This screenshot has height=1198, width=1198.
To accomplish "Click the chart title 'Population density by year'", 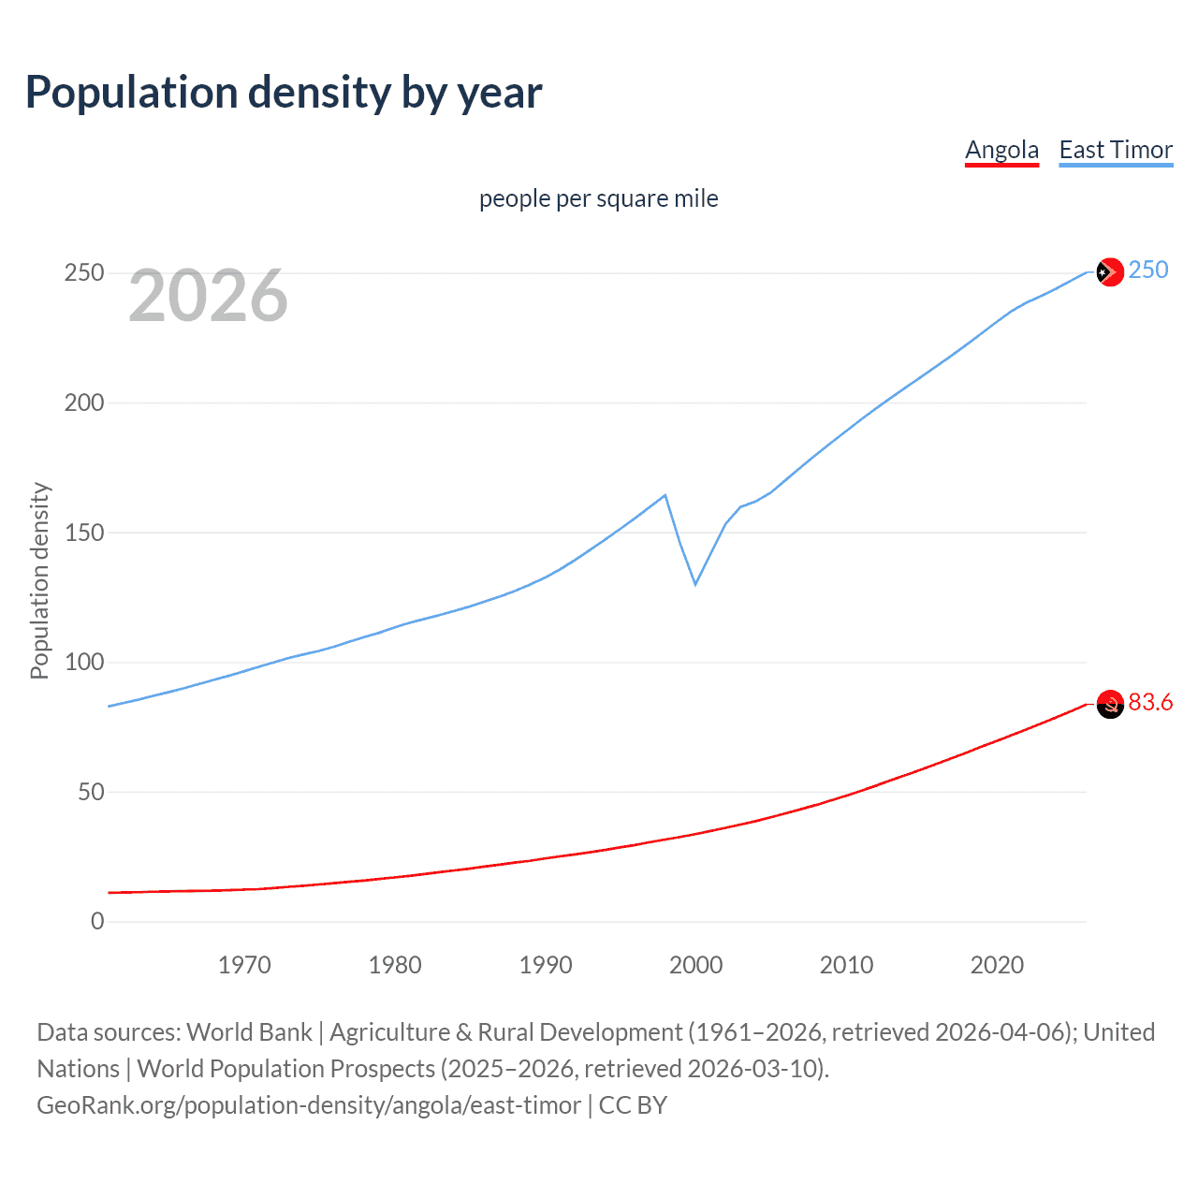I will [x=284, y=93].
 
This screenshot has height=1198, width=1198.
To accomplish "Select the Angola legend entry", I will [x=1001, y=150].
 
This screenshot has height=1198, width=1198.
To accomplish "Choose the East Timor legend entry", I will [x=1116, y=150].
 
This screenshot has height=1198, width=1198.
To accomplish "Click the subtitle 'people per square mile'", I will [x=598, y=198].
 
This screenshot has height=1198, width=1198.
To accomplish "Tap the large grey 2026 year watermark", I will [x=208, y=296].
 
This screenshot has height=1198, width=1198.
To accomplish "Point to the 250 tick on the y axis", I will [x=84, y=273].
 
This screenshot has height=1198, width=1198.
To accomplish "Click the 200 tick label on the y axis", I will [x=84, y=402].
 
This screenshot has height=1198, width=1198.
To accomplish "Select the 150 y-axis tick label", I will [x=84, y=533].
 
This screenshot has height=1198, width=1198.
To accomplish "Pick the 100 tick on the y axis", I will [x=84, y=662].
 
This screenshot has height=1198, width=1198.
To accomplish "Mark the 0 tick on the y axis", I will [x=97, y=921].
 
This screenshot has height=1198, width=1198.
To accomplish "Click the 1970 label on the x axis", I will [x=244, y=965].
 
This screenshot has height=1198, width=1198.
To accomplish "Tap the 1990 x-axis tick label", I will [x=546, y=965].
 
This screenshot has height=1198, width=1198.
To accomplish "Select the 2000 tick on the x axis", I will [x=695, y=965].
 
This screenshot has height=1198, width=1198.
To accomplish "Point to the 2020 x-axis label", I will [x=997, y=965].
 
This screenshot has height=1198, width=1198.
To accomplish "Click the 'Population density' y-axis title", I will [x=39, y=580].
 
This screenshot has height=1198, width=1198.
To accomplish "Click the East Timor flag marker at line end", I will [x=1110, y=271].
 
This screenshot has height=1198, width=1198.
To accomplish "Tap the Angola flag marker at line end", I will [x=1110, y=705].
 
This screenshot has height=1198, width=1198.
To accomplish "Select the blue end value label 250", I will [x=1148, y=270].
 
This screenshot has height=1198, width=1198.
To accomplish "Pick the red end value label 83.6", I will [x=1150, y=703].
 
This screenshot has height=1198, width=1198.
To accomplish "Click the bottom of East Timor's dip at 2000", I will [x=695, y=584].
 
